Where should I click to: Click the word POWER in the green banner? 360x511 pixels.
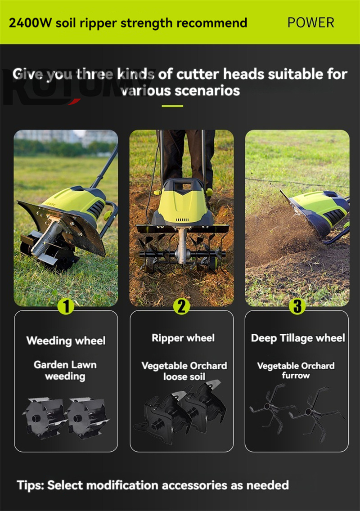(311, 23)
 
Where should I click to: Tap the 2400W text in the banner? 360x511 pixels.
(30, 23)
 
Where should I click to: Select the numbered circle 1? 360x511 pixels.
(66, 306)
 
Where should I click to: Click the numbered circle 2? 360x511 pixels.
(182, 306)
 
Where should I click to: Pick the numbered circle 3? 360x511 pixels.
(297, 306)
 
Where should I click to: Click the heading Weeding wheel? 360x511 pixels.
(66, 341)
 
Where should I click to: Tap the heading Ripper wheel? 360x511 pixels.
(183, 338)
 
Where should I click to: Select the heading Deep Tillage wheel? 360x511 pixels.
(298, 338)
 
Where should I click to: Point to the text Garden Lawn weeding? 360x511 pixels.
(65, 370)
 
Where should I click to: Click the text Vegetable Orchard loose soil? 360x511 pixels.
(184, 371)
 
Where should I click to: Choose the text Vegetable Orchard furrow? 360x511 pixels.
(296, 371)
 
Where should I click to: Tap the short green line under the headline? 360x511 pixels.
(172, 106)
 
